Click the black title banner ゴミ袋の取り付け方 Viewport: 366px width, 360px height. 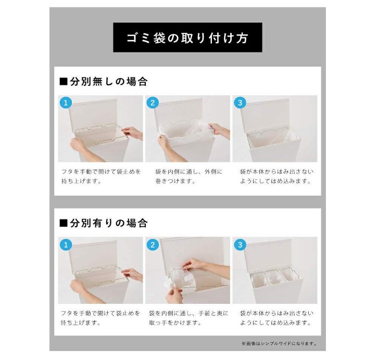(x=187, y=37)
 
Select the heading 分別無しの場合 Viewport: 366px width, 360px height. (x=104, y=82)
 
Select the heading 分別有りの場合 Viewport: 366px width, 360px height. (x=104, y=223)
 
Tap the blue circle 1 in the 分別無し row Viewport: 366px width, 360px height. (x=66, y=102)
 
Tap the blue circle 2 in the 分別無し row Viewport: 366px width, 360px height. (x=153, y=102)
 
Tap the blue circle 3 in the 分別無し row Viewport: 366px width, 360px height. (x=240, y=102)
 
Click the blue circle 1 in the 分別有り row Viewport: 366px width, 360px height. (x=66, y=245)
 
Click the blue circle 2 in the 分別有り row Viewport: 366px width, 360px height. (x=153, y=245)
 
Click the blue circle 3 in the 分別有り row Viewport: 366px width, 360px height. (x=240, y=245)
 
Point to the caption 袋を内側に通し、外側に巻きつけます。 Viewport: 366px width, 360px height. (x=189, y=176)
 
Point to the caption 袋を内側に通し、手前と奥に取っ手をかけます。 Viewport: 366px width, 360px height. (x=188, y=318)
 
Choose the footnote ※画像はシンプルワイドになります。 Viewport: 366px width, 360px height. (x=279, y=343)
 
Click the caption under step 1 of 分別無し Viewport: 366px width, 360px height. (x=101, y=176)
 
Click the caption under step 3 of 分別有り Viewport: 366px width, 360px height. (x=276, y=318)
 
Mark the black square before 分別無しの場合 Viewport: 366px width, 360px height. (x=64, y=82)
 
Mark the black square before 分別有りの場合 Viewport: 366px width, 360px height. (x=64, y=223)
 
